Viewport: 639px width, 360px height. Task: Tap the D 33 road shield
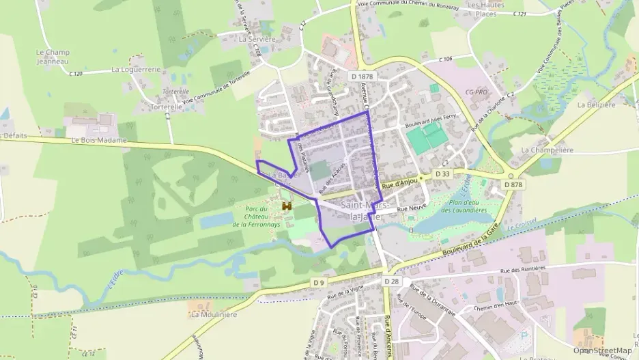click(x=442, y=175)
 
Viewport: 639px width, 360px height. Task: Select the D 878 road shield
click(x=514, y=184)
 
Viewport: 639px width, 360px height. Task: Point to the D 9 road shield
click(x=319, y=281)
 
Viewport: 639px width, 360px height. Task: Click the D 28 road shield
click(x=390, y=281)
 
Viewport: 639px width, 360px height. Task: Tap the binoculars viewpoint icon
click(x=287, y=206)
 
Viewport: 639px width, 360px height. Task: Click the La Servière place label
click(x=257, y=40)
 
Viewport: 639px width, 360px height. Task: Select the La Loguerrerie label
click(x=136, y=69)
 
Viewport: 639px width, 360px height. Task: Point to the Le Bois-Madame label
click(x=99, y=140)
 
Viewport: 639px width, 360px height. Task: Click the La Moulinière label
click(x=214, y=315)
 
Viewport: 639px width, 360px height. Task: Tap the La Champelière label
click(x=546, y=149)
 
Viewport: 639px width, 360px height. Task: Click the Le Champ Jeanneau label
click(x=53, y=56)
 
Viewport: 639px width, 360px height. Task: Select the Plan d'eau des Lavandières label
click(x=468, y=206)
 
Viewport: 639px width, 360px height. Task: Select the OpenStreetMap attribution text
click(x=602, y=350)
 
